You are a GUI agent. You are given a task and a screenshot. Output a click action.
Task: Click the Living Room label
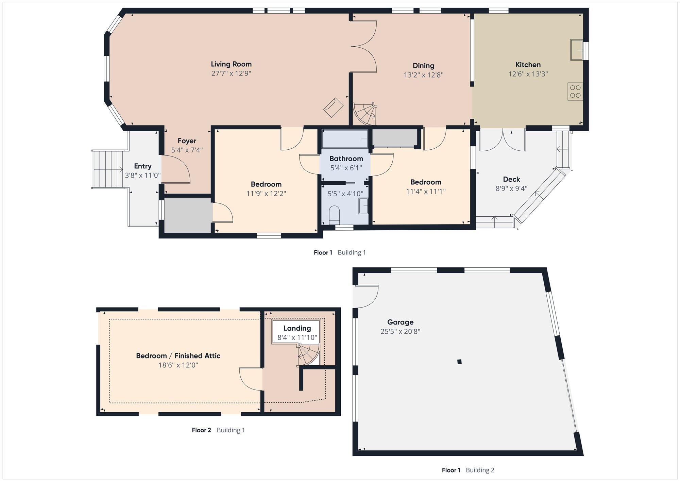pyautogui.click(x=231, y=64)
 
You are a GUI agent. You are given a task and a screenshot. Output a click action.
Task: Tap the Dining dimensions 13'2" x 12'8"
pyautogui.click(x=424, y=75)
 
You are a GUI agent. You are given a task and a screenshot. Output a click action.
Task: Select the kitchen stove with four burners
pyautogui.click(x=575, y=92)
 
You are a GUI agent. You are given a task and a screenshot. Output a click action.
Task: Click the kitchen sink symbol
pyautogui.click(x=577, y=50)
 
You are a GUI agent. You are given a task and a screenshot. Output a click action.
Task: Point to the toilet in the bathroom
pyautogui.click(x=335, y=215)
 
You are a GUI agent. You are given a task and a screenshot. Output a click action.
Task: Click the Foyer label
pyautogui.click(x=187, y=141)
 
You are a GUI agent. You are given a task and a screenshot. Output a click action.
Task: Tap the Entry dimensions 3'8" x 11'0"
pyautogui.click(x=143, y=176)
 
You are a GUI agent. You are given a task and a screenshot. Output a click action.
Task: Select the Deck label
pyautogui.click(x=512, y=179)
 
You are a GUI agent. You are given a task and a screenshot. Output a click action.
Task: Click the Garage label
pyautogui.click(x=401, y=322)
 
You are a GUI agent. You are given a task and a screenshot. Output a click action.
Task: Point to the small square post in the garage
pyautogui.click(x=459, y=362)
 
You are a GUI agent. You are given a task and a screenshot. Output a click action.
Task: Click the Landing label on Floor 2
pyautogui.click(x=297, y=328)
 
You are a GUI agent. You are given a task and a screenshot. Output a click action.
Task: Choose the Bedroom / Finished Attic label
pyautogui.click(x=178, y=356)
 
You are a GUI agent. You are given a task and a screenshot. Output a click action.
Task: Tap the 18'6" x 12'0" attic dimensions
pyautogui.click(x=178, y=365)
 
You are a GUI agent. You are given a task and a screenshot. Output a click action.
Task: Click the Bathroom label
pyautogui.click(x=346, y=159)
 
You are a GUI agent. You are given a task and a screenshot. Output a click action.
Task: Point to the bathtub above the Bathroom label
pyautogui.click(x=345, y=139)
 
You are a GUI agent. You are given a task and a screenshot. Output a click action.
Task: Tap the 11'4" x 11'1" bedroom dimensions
pyautogui.click(x=426, y=192)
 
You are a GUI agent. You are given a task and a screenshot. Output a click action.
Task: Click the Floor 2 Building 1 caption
pyautogui.click(x=218, y=430)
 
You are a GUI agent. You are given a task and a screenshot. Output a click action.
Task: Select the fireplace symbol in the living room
pyautogui.click(x=333, y=107)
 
